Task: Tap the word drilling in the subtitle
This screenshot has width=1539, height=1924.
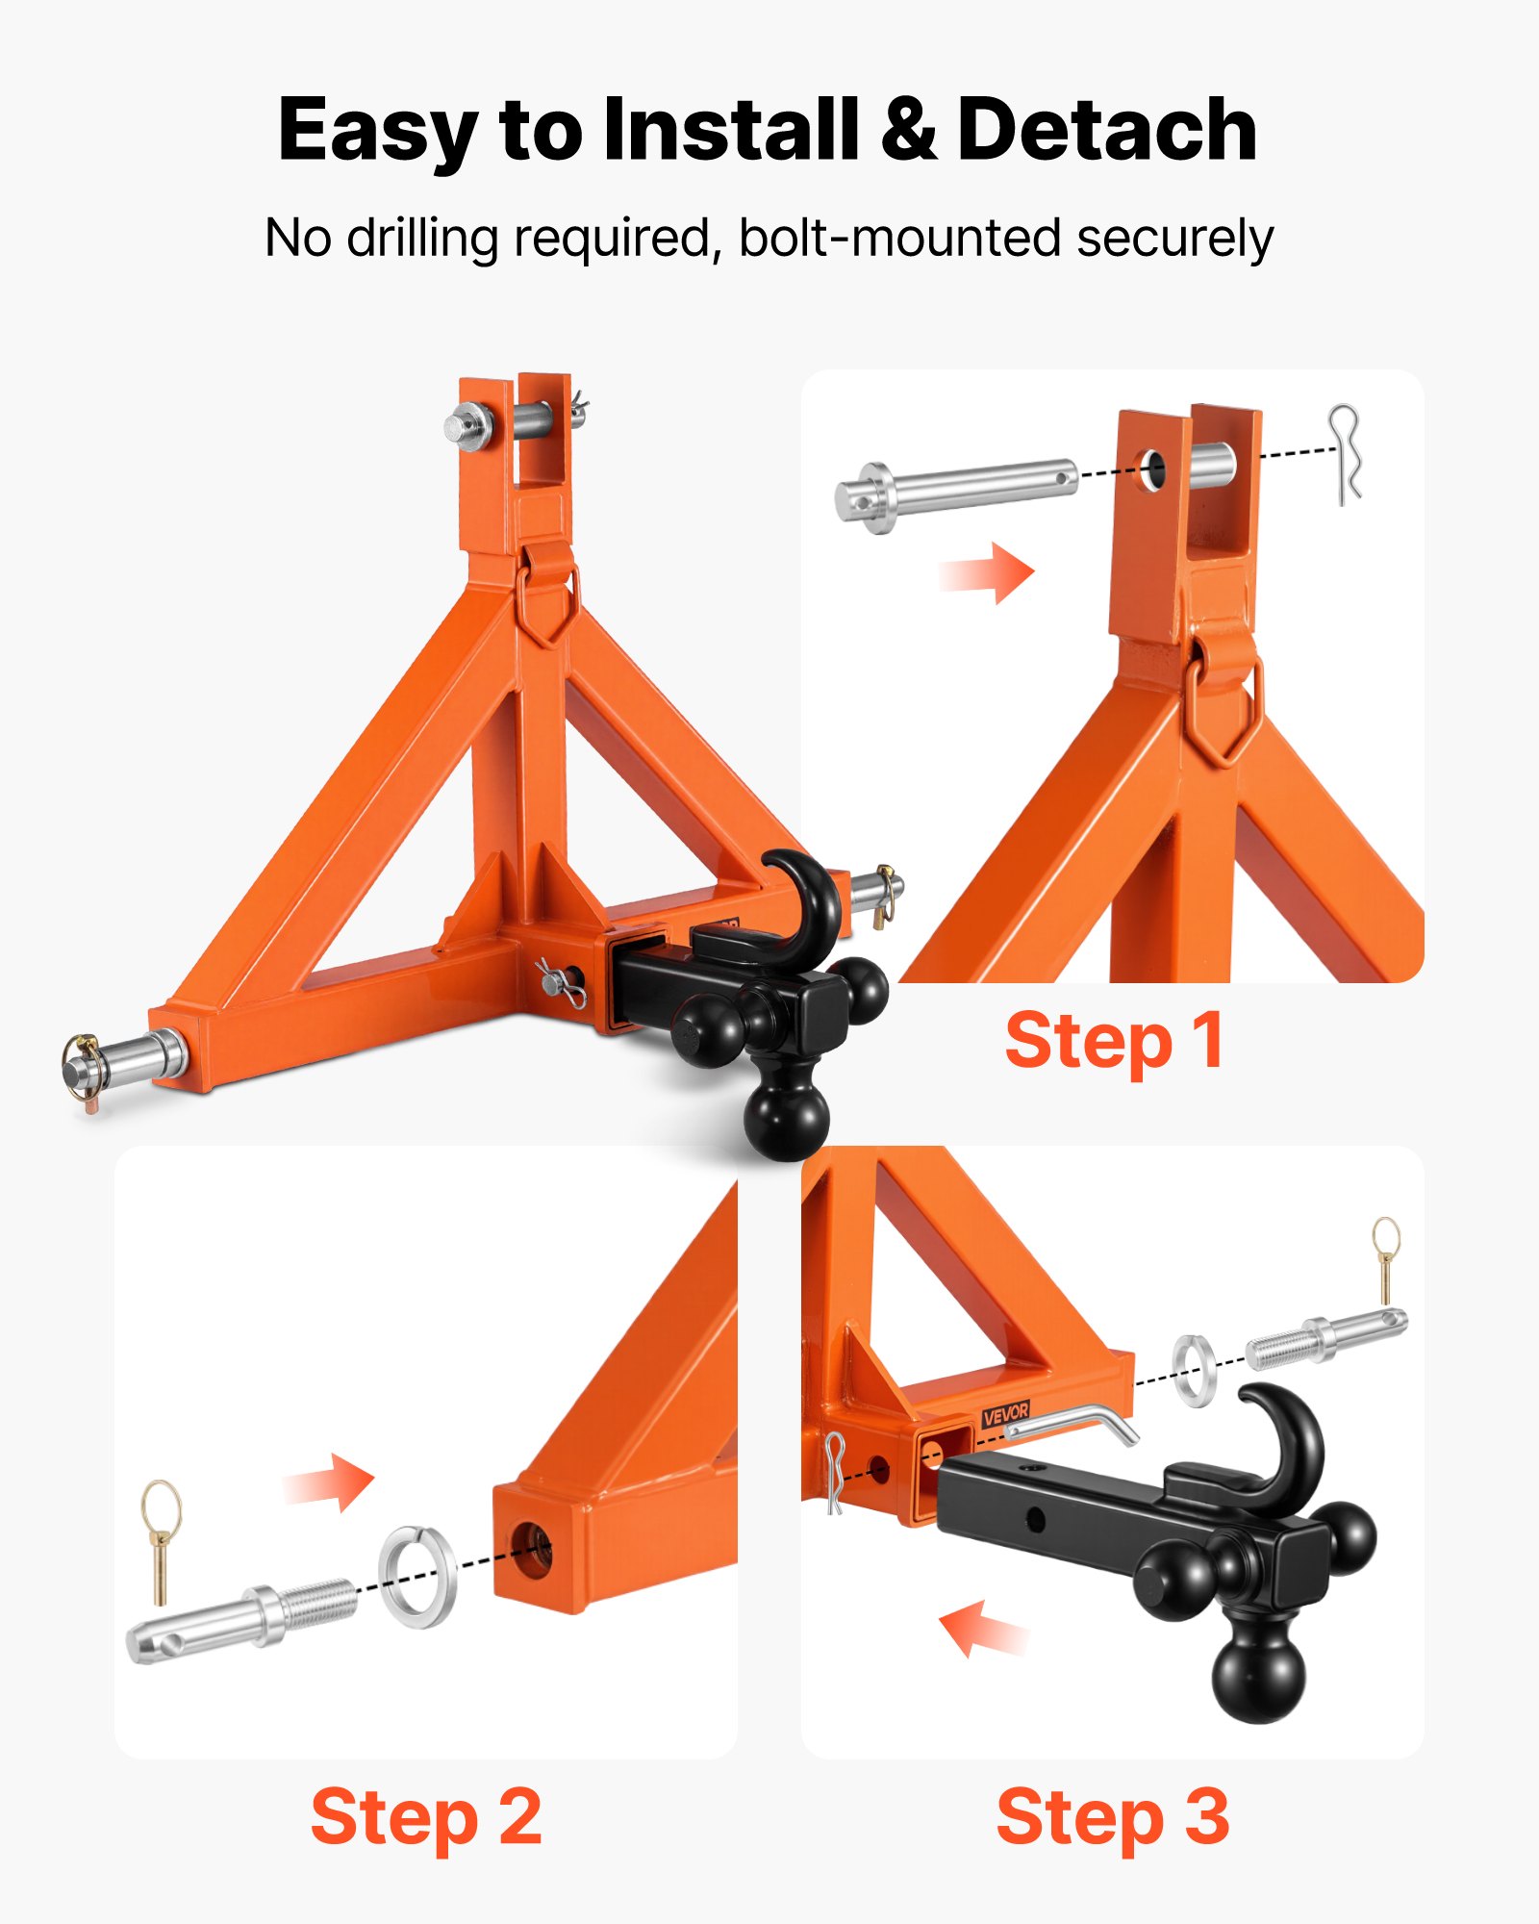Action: [x=422, y=238]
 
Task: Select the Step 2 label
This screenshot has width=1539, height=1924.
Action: [x=426, y=1817]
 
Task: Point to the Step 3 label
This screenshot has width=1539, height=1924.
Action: [x=1113, y=1817]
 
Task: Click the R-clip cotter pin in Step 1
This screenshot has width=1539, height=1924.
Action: [x=1346, y=453]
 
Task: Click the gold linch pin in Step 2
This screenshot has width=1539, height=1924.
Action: [x=161, y=1538]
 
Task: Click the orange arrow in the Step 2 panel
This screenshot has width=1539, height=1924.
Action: [x=331, y=1482]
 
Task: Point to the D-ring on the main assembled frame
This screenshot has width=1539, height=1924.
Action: [x=548, y=601]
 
